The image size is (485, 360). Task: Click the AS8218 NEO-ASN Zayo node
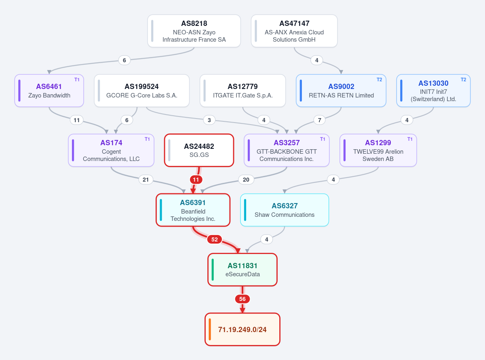(194, 31)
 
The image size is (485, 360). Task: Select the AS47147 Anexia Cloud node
(294, 31)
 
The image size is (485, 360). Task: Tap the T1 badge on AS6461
(77, 80)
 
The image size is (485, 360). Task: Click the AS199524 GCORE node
(142, 91)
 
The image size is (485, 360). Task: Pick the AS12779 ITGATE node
(243, 91)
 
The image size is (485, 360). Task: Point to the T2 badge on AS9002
(380, 80)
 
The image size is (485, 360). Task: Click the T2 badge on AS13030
(463, 80)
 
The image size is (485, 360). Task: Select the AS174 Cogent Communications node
(111, 150)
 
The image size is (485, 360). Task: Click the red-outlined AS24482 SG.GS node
(199, 150)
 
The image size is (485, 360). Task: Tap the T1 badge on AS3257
(323, 139)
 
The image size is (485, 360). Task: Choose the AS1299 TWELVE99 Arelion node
(378, 150)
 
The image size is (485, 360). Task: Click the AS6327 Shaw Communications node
(285, 210)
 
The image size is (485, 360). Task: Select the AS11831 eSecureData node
(242, 270)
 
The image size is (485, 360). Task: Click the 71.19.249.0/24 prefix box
(242, 329)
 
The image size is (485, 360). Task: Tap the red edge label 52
(215, 239)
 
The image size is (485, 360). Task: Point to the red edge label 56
(242, 299)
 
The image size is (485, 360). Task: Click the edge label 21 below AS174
(145, 180)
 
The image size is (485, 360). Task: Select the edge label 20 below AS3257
(246, 180)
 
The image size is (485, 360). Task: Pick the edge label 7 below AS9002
(319, 120)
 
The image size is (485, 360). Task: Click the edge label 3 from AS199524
(209, 120)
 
